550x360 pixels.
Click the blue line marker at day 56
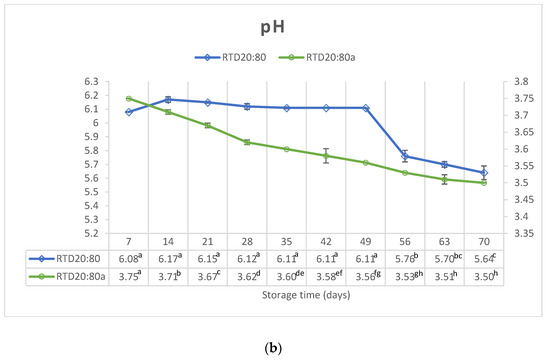click(x=404, y=156)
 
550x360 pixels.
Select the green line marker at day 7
click(x=129, y=98)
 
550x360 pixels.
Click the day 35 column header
click(x=286, y=243)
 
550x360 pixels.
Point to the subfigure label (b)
click(x=274, y=340)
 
